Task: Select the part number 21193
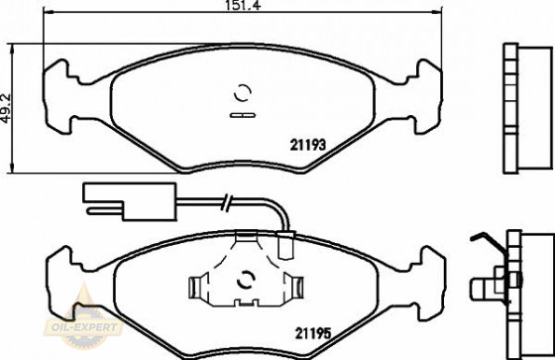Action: (308, 145)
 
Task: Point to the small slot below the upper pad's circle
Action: (241, 114)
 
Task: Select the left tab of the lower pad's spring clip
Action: (198, 287)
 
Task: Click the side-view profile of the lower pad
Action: (521, 283)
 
